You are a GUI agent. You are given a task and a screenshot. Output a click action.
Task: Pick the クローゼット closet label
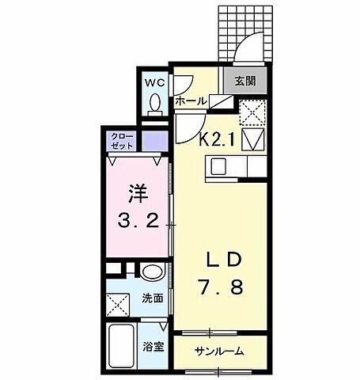click(x=121, y=142)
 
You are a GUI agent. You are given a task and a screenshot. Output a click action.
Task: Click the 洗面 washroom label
click(x=153, y=299)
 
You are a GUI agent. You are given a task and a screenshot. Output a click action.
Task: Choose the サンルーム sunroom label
click(x=220, y=351)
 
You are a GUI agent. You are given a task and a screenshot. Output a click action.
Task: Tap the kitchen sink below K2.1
click(x=218, y=166)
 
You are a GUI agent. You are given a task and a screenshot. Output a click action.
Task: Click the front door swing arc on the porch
click(x=252, y=44)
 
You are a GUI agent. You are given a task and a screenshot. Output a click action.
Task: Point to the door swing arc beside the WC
click(x=182, y=85)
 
